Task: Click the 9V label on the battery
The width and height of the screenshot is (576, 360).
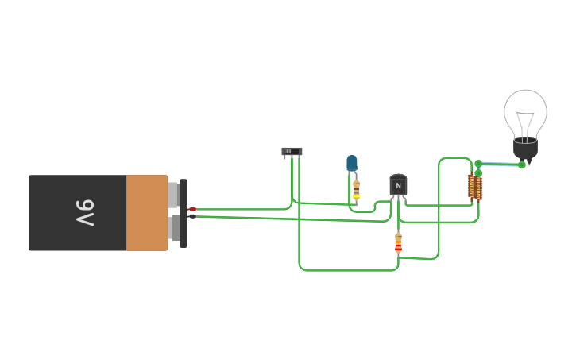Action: click(85, 212)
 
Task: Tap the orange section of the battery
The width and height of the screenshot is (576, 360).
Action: click(146, 213)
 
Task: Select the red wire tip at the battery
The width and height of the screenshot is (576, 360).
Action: click(191, 209)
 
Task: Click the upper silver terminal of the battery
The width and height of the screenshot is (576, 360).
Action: click(172, 195)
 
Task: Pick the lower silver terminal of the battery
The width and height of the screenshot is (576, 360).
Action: click(174, 227)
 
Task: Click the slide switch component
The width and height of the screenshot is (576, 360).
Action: click(292, 151)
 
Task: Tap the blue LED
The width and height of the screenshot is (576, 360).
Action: click(352, 163)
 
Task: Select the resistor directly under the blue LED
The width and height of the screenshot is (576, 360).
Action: click(357, 189)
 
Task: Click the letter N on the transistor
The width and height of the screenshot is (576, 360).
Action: click(398, 186)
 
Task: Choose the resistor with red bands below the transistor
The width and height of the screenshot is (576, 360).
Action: click(398, 243)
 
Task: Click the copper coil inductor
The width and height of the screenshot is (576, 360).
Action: click(475, 188)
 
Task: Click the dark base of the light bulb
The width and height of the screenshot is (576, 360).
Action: click(525, 148)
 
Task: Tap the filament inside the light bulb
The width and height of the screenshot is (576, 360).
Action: click(525, 123)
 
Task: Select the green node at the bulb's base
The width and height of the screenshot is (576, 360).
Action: click(522, 165)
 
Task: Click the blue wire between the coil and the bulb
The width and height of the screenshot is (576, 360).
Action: click(500, 165)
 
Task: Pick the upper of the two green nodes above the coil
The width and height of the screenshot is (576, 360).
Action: click(478, 164)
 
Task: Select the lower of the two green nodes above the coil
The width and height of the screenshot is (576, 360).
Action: click(478, 173)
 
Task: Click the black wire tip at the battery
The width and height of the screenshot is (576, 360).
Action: click(191, 215)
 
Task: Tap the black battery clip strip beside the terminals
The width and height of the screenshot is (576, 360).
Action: click(184, 213)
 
